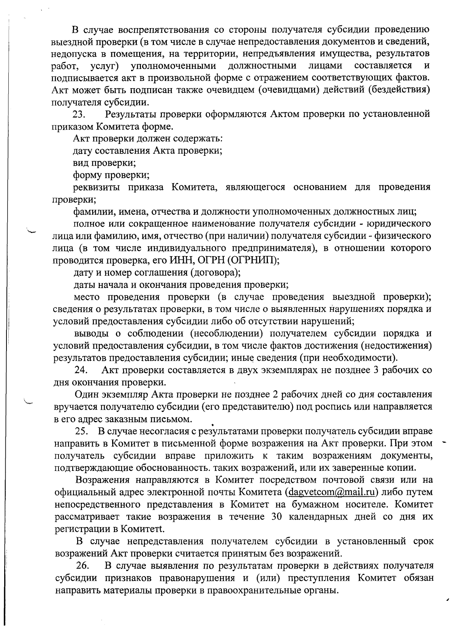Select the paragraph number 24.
(x=81, y=370)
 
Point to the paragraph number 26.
(x=83, y=566)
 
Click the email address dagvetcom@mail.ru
(x=330, y=492)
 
